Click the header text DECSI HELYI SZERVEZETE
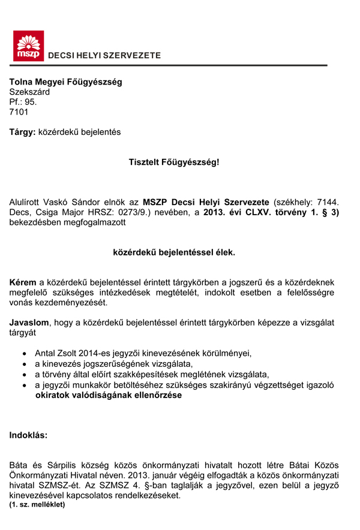[104, 56]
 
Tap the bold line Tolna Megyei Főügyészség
[65, 82]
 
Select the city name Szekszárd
[29, 92]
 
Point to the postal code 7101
[19, 112]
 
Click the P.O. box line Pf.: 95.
[23, 102]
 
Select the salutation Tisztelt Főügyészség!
[174, 162]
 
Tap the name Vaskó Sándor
[79, 203]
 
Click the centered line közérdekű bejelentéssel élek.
[174, 252]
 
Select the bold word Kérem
[23, 282]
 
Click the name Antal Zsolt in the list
[56, 353]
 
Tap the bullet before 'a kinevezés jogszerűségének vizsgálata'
[24, 364]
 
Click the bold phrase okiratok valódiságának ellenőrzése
[108, 396]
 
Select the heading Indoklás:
[28, 435]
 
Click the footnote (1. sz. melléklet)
[37, 505]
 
